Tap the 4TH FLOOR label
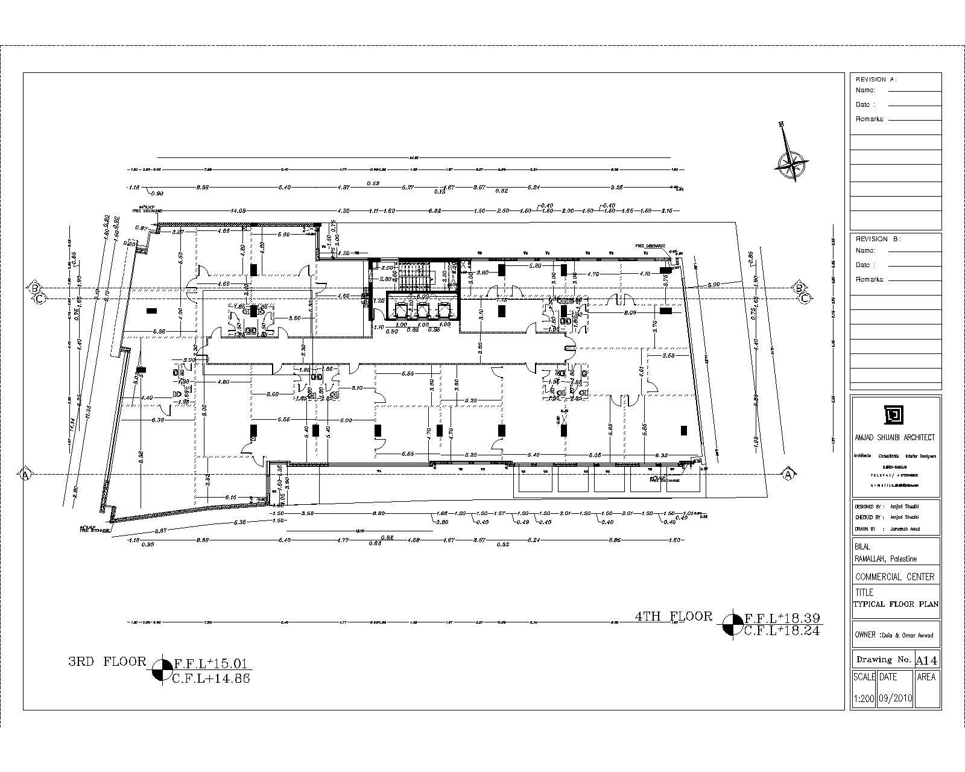pyautogui.click(x=674, y=616)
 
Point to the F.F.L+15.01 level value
pyautogui.click(x=210, y=663)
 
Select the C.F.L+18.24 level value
pyautogui.click(x=783, y=631)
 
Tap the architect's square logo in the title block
pyautogui.click(x=895, y=415)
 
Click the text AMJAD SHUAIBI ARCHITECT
pyautogui.click(x=895, y=437)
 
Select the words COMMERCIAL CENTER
pyautogui.click(x=894, y=577)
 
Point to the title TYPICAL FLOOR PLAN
pyautogui.click(x=896, y=604)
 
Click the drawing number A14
pyautogui.click(x=927, y=659)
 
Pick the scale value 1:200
pyautogui.click(x=864, y=698)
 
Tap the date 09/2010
pyautogui.click(x=896, y=698)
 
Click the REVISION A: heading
pyautogui.click(x=876, y=80)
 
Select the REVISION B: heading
pyautogui.click(x=878, y=239)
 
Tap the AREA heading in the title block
pyautogui.click(x=926, y=677)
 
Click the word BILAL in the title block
pyautogui.click(x=863, y=546)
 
